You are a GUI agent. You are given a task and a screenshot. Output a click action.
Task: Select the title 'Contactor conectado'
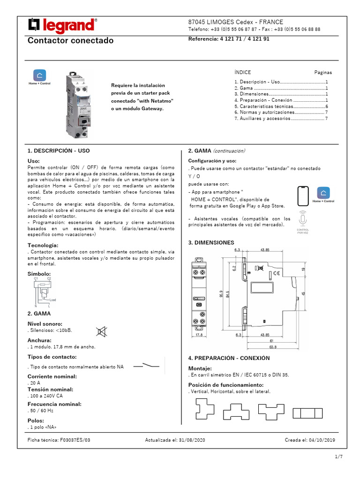point(71,41)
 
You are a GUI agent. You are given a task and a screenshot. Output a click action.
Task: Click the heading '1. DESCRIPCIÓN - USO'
point(59,151)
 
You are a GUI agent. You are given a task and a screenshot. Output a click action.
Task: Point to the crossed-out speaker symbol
point(101,332)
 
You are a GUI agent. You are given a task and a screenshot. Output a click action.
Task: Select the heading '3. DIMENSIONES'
point(211,243)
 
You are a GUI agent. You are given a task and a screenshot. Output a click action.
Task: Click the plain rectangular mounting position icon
point(308,413)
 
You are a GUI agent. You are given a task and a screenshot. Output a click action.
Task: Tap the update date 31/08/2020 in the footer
point(175,440)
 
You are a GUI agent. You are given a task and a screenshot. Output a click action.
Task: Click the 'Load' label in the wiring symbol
point(53,300)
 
